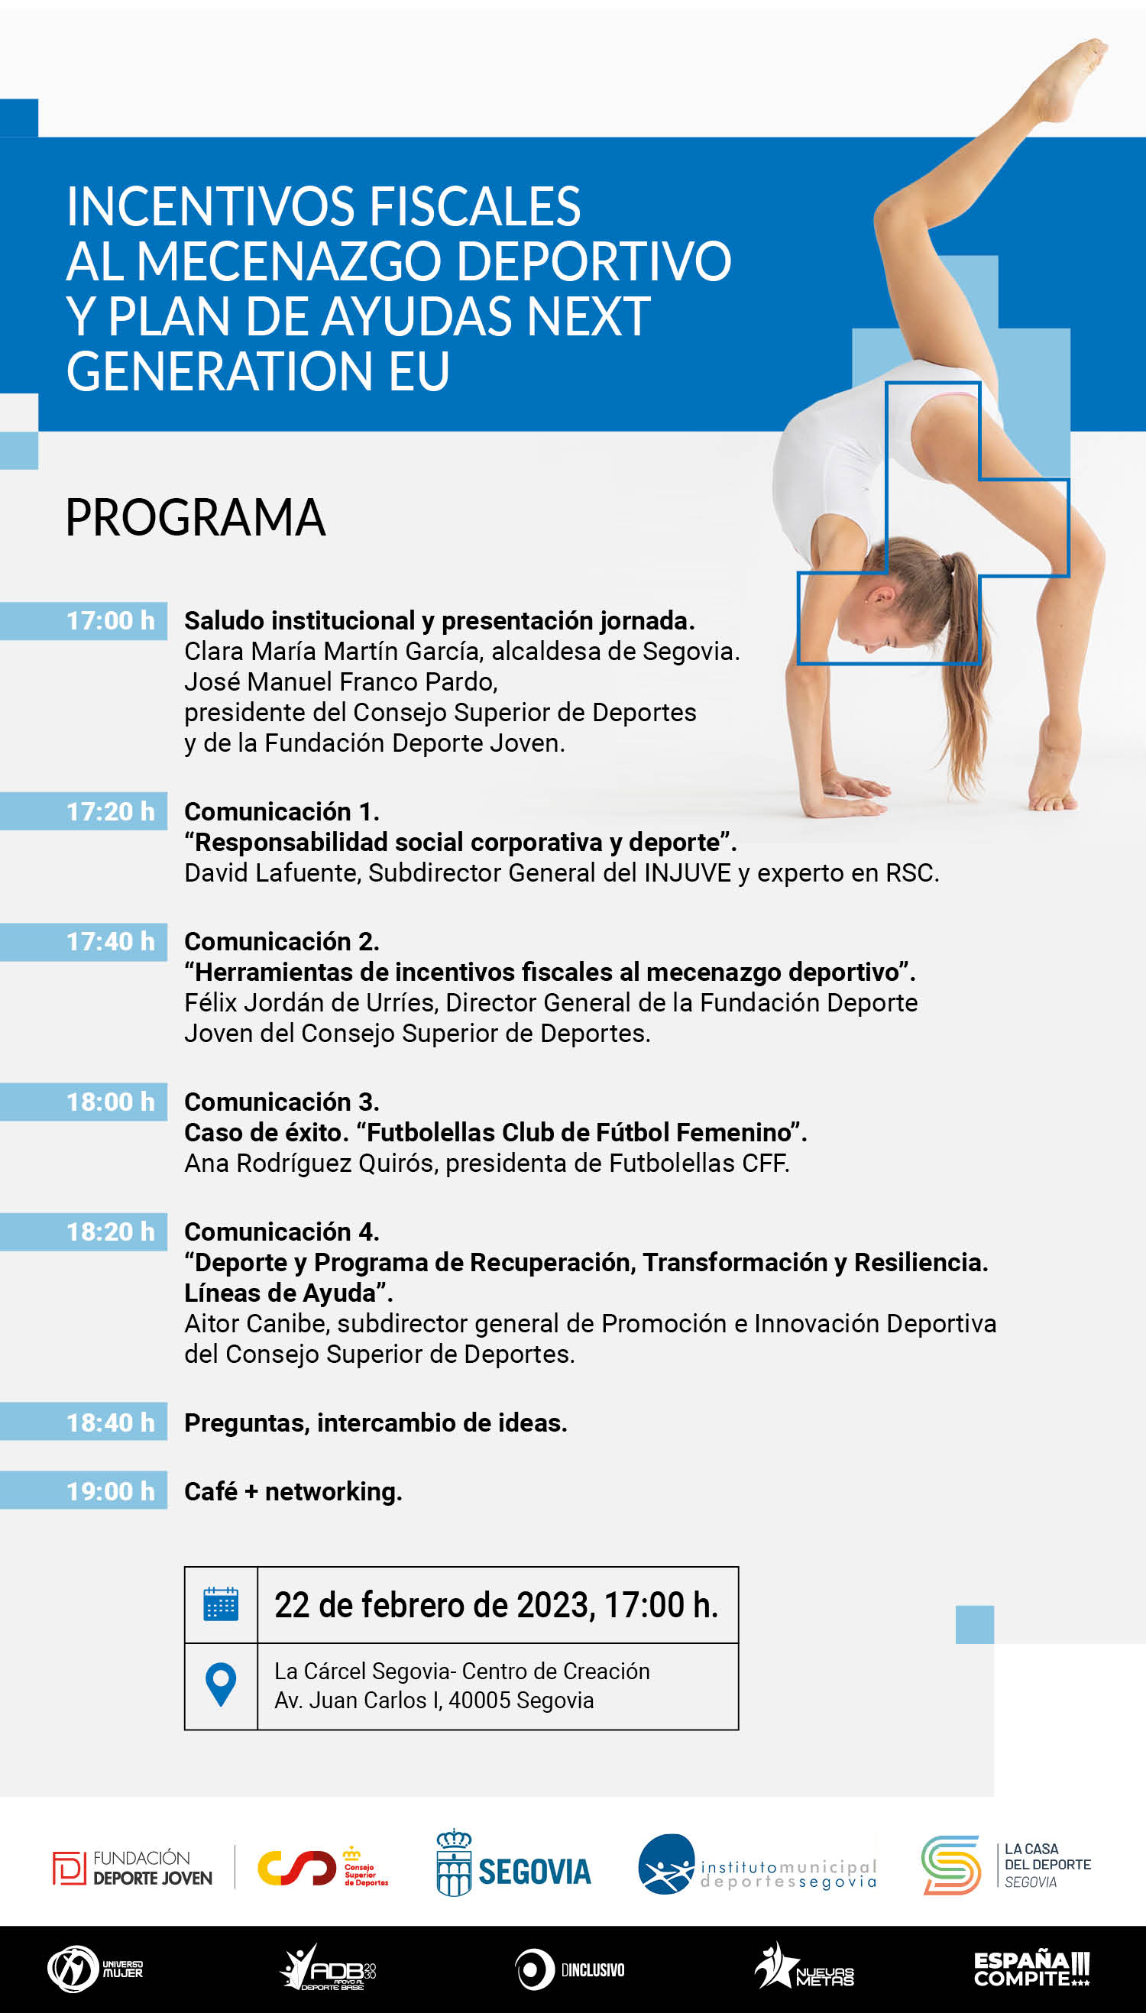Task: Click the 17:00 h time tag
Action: coord(83,621)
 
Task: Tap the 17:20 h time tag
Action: coord(83,811)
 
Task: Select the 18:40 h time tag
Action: coord(83,1422)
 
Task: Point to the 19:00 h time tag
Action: coord(83,1490)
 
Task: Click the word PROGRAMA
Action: coord(195,518)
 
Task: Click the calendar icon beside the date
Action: coord(220,1604)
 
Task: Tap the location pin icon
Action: coord(220,1685)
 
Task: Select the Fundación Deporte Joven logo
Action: coord(132,1868)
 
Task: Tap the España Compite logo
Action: coord(1032,1969)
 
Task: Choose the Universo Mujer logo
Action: coord(95,1969)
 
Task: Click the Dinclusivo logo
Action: coord(570,1969)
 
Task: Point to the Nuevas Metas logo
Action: coord(804,1967)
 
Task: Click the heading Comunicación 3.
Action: coord(282,1102)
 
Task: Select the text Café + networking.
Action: coord(293,1491)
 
